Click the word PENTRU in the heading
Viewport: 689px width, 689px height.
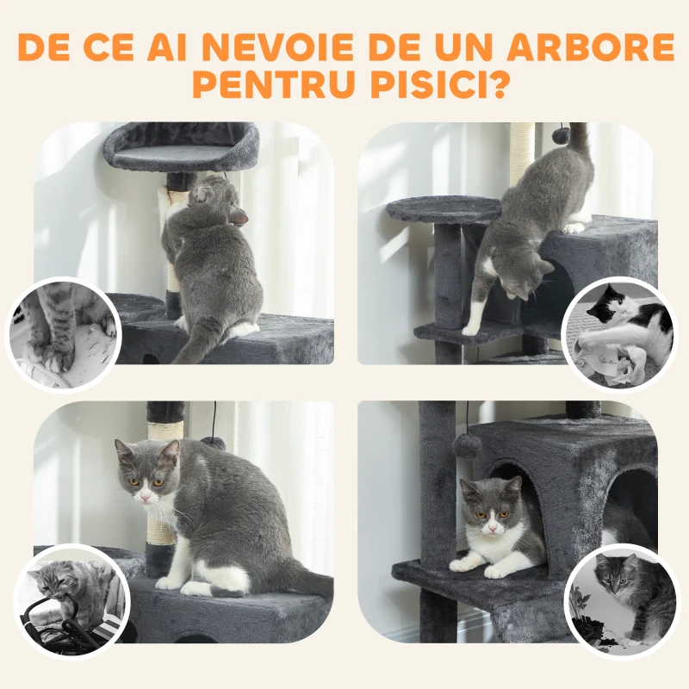click(262, 87)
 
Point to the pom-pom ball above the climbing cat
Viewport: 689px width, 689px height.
click(561, 135)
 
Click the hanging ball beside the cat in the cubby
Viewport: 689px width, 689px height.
click(468, 445)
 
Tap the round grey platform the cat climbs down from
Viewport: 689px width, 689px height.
click(444, 209)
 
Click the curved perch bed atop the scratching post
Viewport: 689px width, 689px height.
click(182, 146)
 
